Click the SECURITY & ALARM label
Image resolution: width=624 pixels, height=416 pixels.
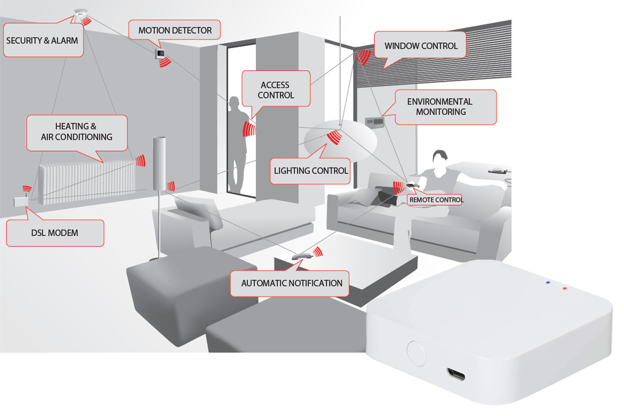[x=43, y=41]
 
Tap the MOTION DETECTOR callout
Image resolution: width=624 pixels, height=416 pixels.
[x=175, y=30]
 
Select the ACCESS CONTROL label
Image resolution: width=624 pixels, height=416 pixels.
[x=276, y=90]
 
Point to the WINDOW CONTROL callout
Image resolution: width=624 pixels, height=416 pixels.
[x=420, y=46]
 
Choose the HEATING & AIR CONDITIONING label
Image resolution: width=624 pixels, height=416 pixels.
[x=77, y=132]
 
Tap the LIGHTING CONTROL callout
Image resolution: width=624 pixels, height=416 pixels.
[x=311, y=171]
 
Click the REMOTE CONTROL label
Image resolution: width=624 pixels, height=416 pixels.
[x=435, y=200]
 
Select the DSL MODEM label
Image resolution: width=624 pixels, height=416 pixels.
[x=55, y=233]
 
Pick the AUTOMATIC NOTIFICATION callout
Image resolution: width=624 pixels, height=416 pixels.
[x=291, y=283]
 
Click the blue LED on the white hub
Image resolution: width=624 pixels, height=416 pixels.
[x=548, y=283]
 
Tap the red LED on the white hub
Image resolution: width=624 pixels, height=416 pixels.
[x=565, y=288]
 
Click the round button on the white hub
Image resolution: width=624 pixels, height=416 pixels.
[x=416, y=354]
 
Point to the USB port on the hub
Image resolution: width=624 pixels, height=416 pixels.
[x=456, y=374]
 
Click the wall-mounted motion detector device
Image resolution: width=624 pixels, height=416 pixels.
[x=160, y=54]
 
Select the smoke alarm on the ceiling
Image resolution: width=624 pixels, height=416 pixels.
[x=80, y=12]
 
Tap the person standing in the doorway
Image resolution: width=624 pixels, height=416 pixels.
[x=237, y=143]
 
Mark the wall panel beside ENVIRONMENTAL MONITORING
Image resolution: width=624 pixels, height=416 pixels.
[x=374, y=122]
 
